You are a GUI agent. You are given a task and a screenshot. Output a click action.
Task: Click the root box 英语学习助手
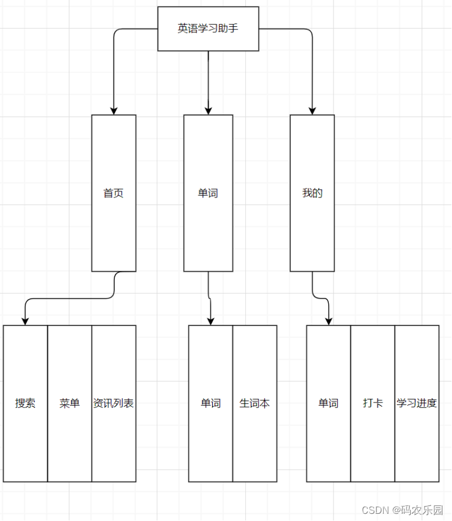click(x=208, y=29)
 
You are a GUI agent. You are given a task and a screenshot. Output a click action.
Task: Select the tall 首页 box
click(x=114, y=193)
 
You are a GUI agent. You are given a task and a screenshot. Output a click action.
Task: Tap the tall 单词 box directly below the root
click(x=208, y=193)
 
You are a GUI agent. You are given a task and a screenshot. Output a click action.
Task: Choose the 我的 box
click(x=312, y=193)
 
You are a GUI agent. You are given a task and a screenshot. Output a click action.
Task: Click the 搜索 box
click(x=25, y=403)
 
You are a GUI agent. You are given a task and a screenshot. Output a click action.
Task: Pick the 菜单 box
click(x=69, y=403)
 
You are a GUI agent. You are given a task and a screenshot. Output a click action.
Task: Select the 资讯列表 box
click(x=114, y=403)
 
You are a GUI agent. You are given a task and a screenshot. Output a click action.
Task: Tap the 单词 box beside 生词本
click(x=210, y=403)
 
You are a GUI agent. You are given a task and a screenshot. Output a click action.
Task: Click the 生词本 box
click(x=255, y=403)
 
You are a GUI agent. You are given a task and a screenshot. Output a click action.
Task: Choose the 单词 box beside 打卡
click(x=328, y=403)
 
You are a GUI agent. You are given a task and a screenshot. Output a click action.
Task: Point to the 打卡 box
click(x=372, y=403)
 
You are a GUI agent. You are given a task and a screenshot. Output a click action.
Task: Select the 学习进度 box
click(x=417, y=403)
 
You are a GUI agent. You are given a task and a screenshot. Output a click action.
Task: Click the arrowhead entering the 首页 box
click(x=114, y=111)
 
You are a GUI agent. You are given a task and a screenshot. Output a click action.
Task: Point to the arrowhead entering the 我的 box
click(x=312, y=111)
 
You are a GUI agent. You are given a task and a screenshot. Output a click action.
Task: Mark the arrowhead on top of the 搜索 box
click(x=25, y=321)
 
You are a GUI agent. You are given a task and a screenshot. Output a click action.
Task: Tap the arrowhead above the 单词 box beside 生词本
click(x=210, y=321)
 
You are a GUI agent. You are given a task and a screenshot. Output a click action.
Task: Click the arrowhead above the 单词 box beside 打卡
click(x=328, y=321)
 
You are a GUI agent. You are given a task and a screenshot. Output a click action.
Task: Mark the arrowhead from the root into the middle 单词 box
click(x=208, y=111)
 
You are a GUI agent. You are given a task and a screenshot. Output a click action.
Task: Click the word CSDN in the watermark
click(x=375, y=510)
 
